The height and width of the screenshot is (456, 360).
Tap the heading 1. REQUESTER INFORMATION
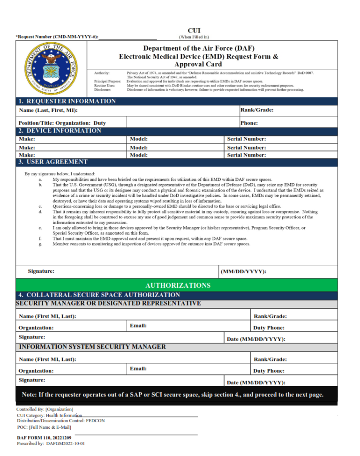click(x=67, y=101)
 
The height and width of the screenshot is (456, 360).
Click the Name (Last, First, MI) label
click(x=48, y=110)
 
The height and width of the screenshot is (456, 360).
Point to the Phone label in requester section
click(x=249, y=123)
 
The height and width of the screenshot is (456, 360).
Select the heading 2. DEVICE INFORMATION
click(x=60, y=131)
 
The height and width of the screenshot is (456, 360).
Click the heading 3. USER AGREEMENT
click(x=53, y=162)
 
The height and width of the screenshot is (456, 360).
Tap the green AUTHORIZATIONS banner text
click(x=178, y=285)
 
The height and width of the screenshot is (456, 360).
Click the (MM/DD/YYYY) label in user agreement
click(x=243, y=271)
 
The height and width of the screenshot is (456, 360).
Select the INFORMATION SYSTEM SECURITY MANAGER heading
click(x=92, y=347)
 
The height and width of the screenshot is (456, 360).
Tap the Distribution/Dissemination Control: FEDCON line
click(x=60, y=421)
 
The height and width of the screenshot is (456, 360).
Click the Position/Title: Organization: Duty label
click(x=62, y=123)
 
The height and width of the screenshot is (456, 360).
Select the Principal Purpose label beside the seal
click(x=108, y=82)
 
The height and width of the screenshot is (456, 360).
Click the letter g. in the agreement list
click(x=41, y=244)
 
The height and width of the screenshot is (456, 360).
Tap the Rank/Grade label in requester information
click(x=257, y=110)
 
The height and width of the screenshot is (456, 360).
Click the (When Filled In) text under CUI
click(x=194, y=37)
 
